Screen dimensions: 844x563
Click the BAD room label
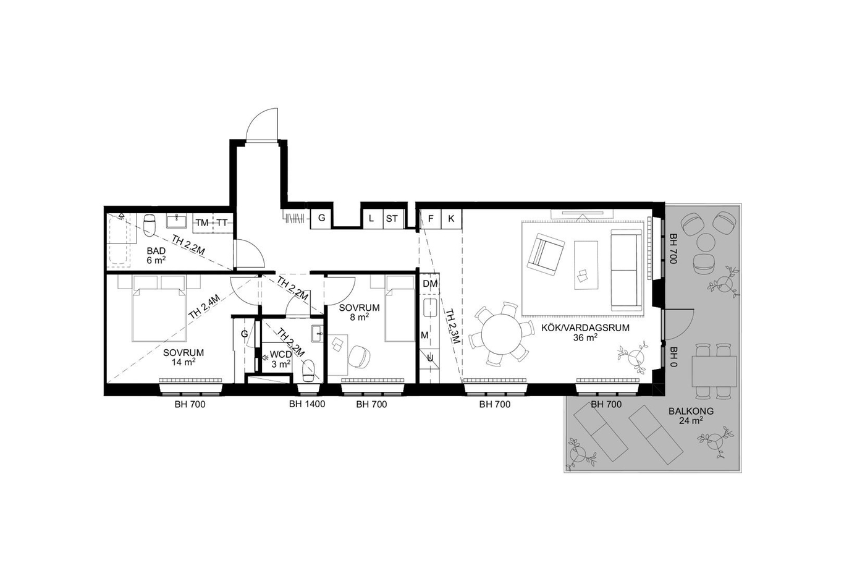point(156,250)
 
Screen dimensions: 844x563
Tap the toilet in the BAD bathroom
point(150,225)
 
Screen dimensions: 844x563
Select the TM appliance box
point(202,222)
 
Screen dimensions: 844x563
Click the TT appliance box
point(222,222)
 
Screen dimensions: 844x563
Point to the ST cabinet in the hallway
point(392,219)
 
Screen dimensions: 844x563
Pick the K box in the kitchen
point(451,219)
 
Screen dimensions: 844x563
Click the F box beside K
point(431,219)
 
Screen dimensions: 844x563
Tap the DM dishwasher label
point(430,284)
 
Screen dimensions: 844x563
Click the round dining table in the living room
point(503,334)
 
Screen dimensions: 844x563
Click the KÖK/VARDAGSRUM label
point(585,328)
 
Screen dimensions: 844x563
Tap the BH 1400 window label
point(307,404)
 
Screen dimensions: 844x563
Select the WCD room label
point(281,355)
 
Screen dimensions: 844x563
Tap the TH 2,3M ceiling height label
point(452,327)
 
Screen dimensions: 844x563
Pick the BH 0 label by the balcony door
point(673,357)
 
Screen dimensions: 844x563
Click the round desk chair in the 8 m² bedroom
point(359,356)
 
